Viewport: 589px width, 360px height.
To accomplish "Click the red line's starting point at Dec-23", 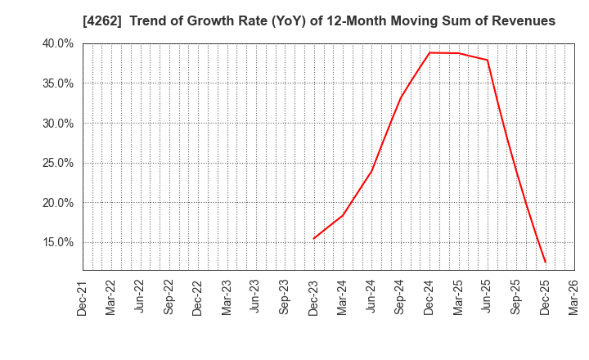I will point(314,239).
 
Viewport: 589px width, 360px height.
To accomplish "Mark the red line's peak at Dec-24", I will point(429,52).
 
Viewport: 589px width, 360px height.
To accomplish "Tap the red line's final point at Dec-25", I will point(545,263).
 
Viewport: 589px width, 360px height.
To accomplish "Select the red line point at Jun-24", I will point(371,171).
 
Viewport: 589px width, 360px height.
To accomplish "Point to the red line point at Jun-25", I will point(488,60).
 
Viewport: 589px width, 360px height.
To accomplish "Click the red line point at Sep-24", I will point(401,98).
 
